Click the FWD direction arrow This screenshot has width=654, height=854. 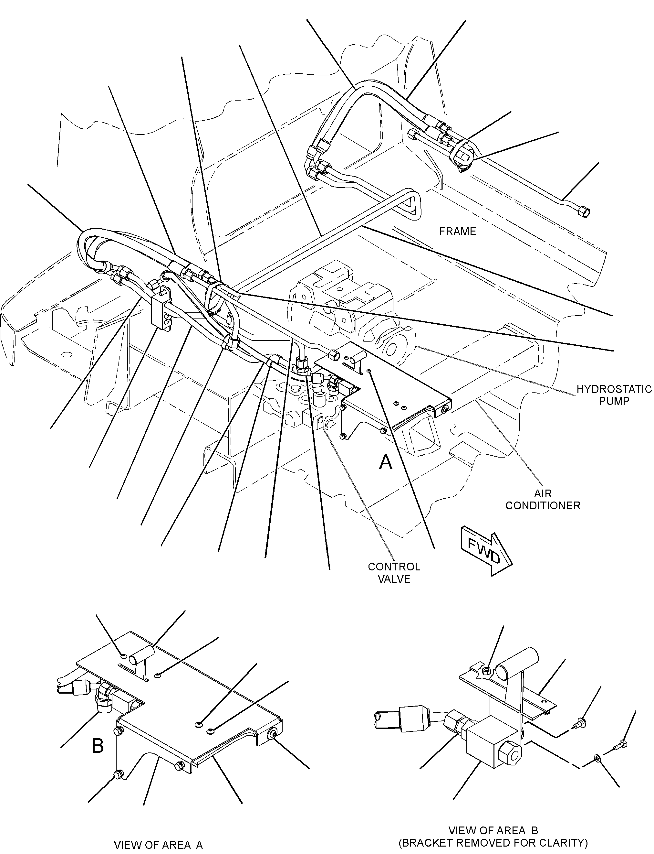tap(487, 550)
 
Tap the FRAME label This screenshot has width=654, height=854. tap(458, 232)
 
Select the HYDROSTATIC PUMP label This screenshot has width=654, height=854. tap(614, 395)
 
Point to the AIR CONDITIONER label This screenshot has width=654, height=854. tap(543, 500)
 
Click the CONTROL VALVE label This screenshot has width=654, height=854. tap(394, 573)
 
